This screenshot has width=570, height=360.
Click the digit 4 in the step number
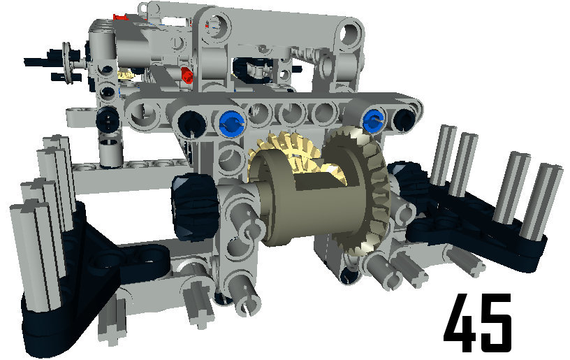pyautogui.click(x=459, y=323)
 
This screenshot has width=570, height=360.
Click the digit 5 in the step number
pyautogui.click(x=495, y=323)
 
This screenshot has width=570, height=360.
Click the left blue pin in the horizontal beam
pyautogui.click(x=233, y=122)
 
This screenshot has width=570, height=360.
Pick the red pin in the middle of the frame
pyautogui.click(x=187, y=75)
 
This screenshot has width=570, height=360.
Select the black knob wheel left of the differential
pyautogui.click(x=194, y=208)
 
